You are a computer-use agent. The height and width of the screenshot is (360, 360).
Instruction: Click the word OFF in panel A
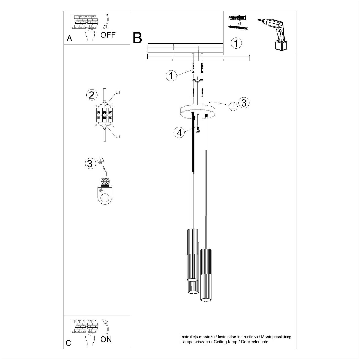tap(108, 35)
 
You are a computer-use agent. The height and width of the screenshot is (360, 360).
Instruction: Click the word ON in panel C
tap(106, 339)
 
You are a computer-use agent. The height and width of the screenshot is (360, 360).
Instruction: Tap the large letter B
tap(138, 38)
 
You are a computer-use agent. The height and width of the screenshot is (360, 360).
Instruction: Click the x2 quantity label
tap(239, 23)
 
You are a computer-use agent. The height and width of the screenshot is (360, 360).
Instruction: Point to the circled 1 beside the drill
tap(236, 43)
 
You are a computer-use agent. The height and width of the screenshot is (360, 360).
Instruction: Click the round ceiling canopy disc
tap(198, 112)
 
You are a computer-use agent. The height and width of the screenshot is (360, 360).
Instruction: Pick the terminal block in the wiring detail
tap(104, 115)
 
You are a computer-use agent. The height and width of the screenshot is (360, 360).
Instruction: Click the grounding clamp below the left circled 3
tap(104, 192)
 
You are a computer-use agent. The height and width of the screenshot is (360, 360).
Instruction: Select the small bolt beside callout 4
tap(198, 130)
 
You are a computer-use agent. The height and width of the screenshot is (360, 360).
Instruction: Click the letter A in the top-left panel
tap(69, 38)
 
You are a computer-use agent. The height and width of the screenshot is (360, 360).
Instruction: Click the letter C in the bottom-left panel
tap(69, 343)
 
